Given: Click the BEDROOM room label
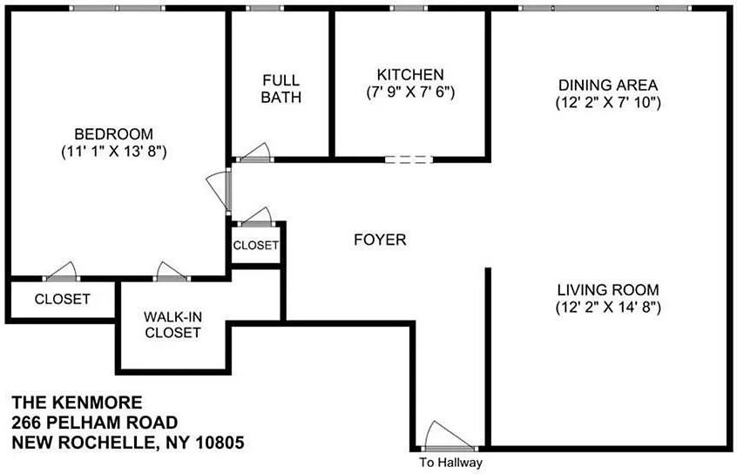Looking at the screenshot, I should click(x=113, y=134).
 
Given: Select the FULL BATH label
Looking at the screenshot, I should click(x=281, y=89).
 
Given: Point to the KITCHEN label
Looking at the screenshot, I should click(x=409, y=75).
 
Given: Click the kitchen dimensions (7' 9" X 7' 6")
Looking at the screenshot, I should click(x=409, y=91).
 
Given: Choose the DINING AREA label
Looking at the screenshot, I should click(x=608, y=85).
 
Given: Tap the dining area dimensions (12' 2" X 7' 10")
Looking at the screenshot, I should click(x=608, y=102).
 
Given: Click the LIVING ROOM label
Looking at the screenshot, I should click(x=608, y=290).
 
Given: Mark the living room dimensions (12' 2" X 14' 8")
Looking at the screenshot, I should click(x=608, y=307).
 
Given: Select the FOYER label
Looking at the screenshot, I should click(x=379, y=240).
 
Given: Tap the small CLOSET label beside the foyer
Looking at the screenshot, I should click(x=255, y=246).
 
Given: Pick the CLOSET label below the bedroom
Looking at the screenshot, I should click(x=62, y=299).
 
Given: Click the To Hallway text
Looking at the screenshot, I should click(x=450, y=463).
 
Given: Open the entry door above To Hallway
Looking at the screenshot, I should click(x=448, y=437).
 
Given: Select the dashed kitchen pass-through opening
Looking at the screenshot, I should click(x=408, y=159).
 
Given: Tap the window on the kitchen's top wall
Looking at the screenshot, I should click(x=409, y=9).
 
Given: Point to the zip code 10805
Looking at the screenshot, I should click(x=215, y=442).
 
